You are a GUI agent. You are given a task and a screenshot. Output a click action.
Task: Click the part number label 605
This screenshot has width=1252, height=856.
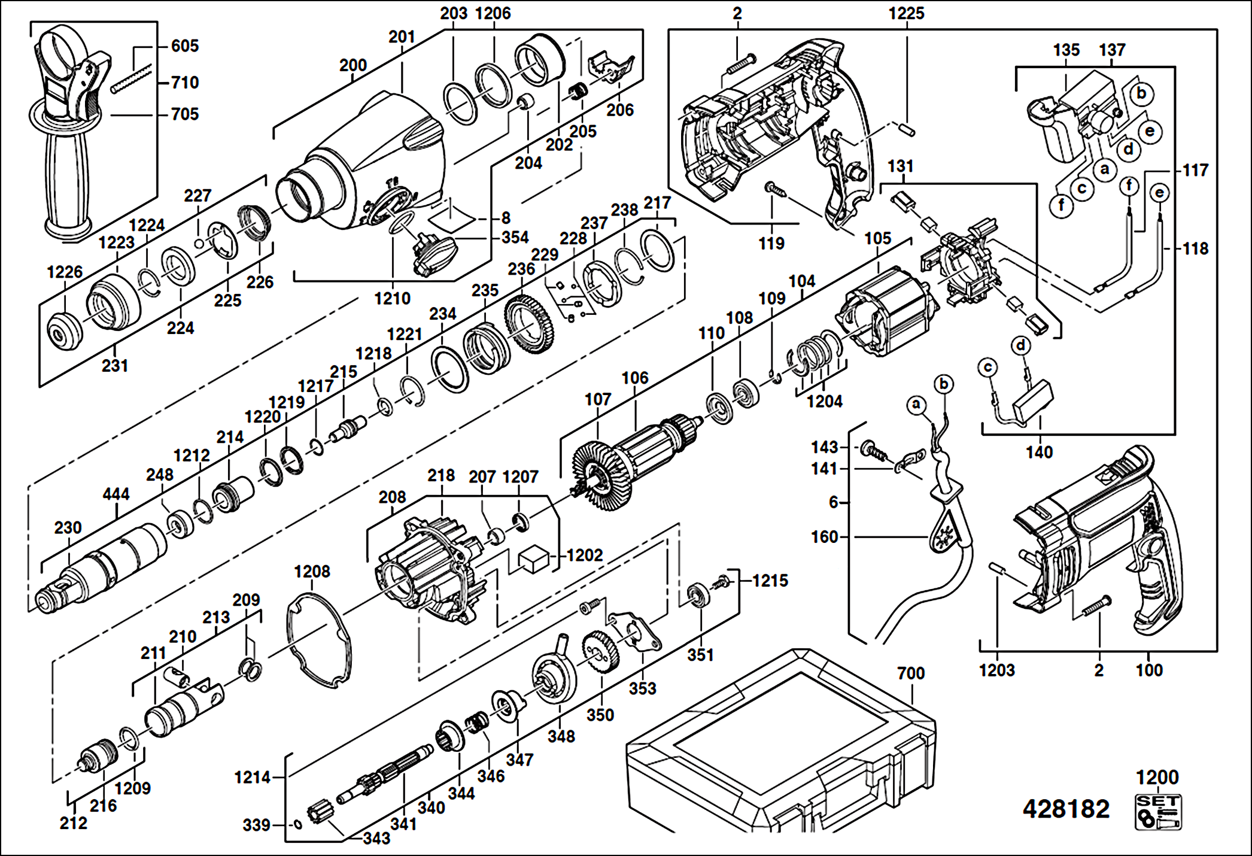184,45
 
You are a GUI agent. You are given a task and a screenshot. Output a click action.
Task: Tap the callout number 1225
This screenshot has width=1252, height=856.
906,13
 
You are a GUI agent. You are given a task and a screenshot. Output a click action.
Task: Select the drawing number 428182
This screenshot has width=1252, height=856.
1066,809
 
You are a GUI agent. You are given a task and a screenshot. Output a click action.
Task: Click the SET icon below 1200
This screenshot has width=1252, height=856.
1158,812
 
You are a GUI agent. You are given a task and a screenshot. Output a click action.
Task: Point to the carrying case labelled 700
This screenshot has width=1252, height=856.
781,742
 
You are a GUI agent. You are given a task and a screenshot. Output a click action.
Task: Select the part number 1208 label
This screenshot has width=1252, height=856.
312,572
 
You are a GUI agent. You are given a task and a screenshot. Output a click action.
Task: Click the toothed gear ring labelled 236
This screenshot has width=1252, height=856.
529,324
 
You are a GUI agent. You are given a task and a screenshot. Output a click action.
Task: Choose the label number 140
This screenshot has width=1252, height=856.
1039,452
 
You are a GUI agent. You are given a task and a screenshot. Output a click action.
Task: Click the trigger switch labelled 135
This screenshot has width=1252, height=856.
1071,117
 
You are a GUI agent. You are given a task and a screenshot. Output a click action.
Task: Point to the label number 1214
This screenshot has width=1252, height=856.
252,778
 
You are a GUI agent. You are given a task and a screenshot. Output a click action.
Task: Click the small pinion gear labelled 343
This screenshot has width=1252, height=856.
318,812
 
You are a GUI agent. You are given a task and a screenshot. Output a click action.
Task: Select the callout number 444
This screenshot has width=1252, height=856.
116,494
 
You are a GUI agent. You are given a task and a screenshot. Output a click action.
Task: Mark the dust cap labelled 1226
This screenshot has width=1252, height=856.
64,331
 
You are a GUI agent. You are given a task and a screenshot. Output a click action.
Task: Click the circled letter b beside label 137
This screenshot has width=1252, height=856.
1141,93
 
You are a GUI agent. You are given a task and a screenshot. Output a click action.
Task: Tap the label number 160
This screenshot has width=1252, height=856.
824,536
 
